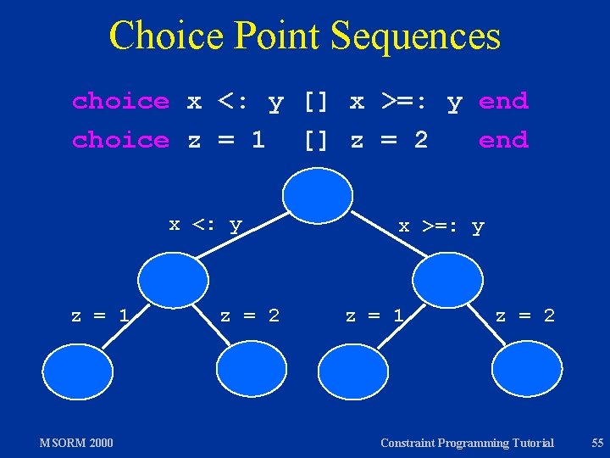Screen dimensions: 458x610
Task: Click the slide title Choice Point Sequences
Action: tap(305, 36)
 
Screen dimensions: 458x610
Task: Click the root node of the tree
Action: tap(317, 195)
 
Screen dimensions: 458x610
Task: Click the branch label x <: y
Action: tap(206, 225)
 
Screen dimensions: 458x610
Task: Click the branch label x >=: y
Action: tap(441, 226)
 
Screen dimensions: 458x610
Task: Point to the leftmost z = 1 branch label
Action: tap(100, 316)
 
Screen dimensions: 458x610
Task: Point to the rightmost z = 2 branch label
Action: tap(525, 316)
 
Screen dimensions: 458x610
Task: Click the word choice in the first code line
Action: tap(120, 102)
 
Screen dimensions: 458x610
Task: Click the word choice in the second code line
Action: tap(120, 140)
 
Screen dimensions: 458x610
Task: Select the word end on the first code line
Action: tap(503, 102)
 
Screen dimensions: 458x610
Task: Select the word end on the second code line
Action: tap(503, 140)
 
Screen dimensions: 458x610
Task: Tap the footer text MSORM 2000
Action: tap(76, 442)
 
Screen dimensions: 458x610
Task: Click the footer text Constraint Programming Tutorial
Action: tap(467, 442)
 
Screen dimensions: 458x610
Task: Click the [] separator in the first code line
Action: tap(316, 102)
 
